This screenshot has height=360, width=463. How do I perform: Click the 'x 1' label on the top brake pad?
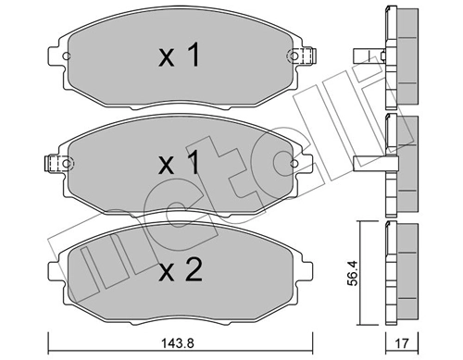(x=180, y=57)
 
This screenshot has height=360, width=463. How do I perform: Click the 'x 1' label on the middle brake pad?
(x=180, y=165)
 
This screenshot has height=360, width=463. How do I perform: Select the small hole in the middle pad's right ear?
(x=298, y=164)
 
